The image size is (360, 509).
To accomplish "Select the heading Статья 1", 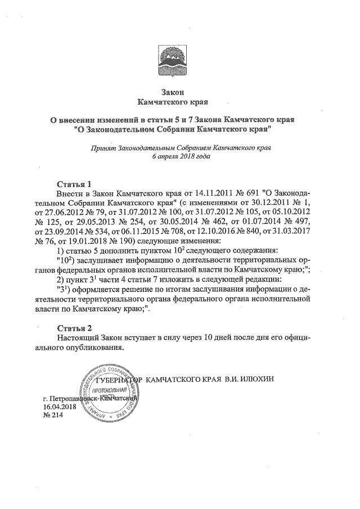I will click(74, 184).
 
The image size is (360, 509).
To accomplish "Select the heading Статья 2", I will click(74, 328).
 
